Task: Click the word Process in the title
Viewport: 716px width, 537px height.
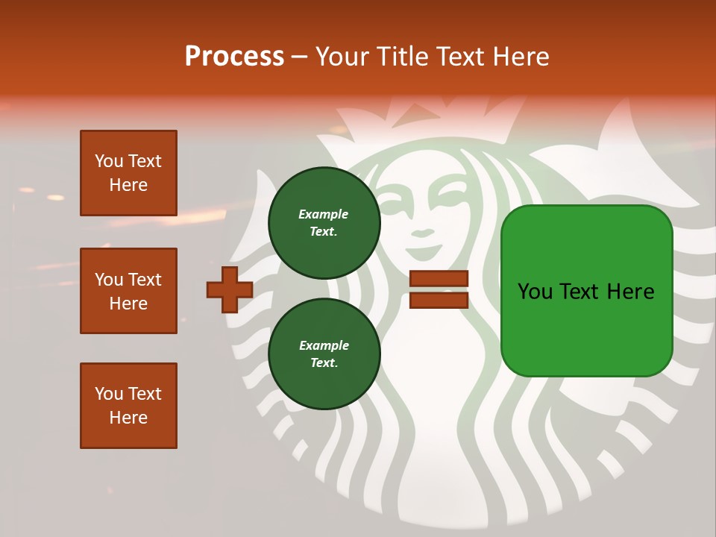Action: pyautogui.click(x=234, y=56)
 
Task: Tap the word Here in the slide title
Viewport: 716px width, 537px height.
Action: pyautogui.click(x=521, y=56)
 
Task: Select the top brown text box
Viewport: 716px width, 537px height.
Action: pyautogui.click(x=128, y=173)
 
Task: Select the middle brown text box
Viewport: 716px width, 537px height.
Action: pyautogui.click(x=128, y=291)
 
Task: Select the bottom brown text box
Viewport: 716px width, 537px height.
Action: pyautogui.click(x=128, y=406)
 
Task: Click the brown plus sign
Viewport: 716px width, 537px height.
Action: pyautogui.click(x=230, y=289)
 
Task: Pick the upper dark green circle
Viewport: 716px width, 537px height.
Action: pyautogui.click(x=324, y=222)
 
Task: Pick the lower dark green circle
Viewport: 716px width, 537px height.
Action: pyautogui.click(x=324, y=354)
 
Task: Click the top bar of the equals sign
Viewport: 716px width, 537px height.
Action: pyautogui.click(x=439, y=279)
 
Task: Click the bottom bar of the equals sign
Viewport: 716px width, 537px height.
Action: pyautogui.click(x=439, y=300)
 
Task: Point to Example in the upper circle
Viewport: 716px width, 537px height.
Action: pyautogui.click(x=323, y=214)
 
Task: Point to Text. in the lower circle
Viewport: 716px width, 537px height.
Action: pyautogui.click(x=324, y=363)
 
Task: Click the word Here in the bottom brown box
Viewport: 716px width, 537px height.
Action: pyautogui.click(x=128, y=418)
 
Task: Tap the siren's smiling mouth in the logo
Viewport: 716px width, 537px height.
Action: pyautogui.click(x=422, y=233)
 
